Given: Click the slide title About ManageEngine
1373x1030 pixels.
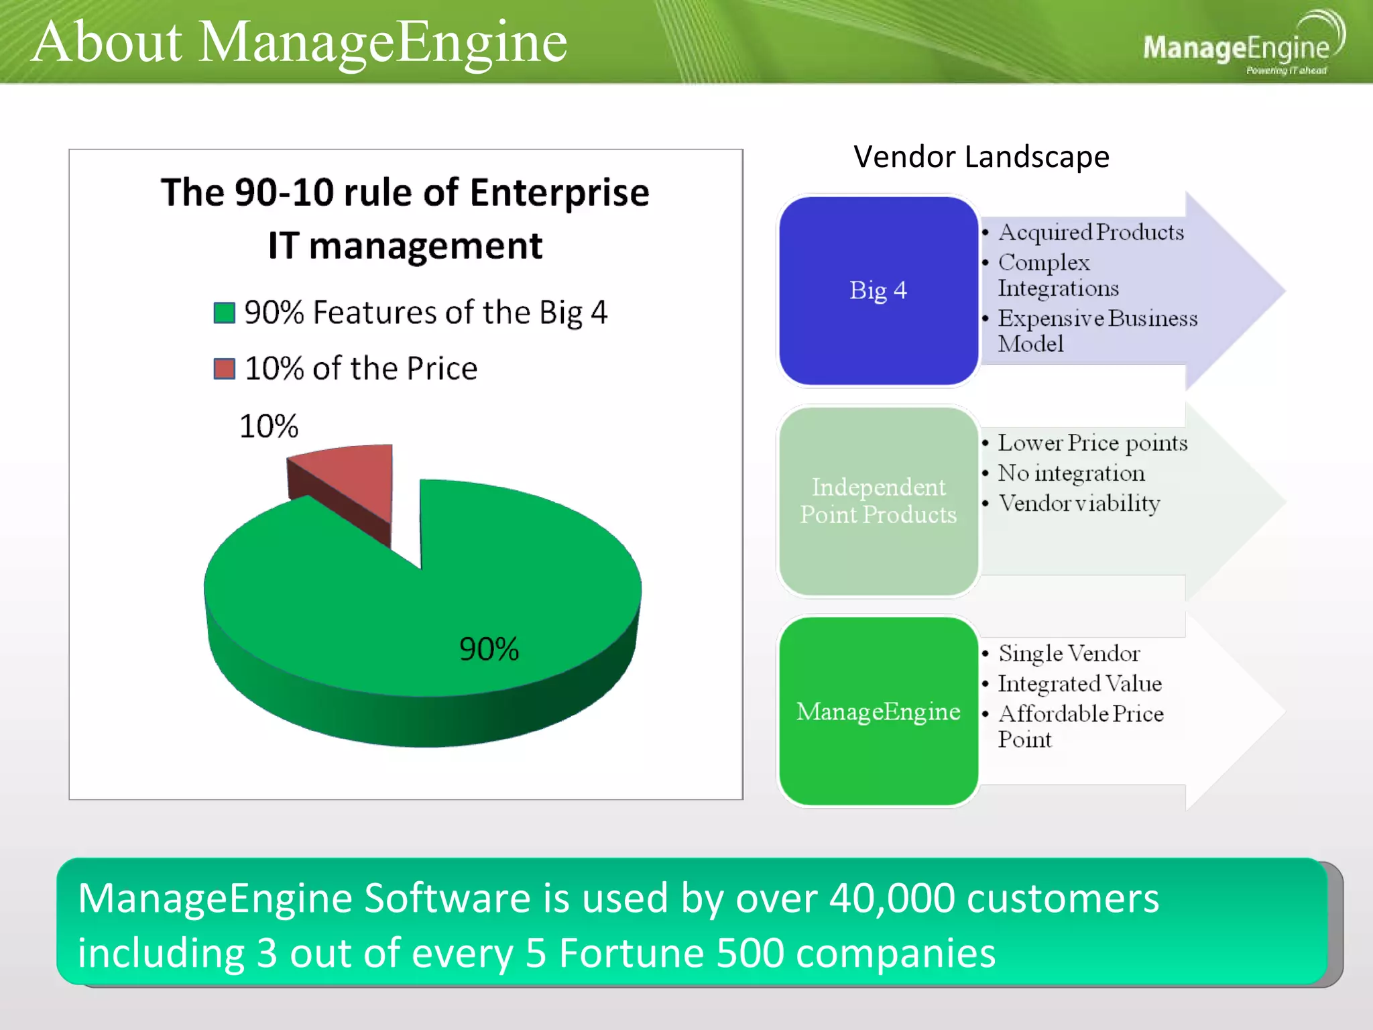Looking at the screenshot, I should [x=299, y=42].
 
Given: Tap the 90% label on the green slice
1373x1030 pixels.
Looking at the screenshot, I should [x=489, y=649].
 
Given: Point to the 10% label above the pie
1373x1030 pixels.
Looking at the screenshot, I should [x=268, y=426].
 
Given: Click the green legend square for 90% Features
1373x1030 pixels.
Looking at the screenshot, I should [x=225, y=313].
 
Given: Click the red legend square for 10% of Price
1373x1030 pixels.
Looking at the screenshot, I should [x=225, y=369].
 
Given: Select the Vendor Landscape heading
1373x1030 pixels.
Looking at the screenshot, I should [x=981, y=157].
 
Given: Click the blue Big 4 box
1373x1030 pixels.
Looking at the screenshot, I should [x=878, y=290].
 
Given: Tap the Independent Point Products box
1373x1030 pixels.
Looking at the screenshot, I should [x=878, y=501].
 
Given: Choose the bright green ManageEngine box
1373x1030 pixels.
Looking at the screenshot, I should [x=878, y=711].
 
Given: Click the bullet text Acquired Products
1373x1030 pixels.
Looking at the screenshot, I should [x=1091, y=233].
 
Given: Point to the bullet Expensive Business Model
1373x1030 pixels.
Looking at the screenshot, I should [x=1097, y=331].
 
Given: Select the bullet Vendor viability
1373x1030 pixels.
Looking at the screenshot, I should [x=1079, y=503].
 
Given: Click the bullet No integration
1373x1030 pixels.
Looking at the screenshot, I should [x=1071, y=473].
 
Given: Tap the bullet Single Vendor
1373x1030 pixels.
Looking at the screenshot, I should [x=1069, y=653].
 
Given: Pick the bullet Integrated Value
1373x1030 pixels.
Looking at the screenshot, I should [x=1079, y=683].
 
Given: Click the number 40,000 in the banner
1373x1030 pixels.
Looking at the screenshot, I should [x=892, y=899].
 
